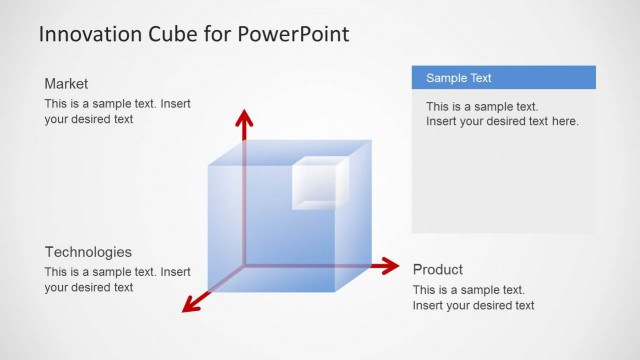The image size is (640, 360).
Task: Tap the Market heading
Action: pyautogui.click(x=66, y=84)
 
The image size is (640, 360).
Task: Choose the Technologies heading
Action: pyautogui.click(x=88, y=252)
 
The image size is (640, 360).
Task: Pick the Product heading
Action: pyautogui.click(x=438, y=269)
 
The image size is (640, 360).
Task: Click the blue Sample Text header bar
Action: pyautogui.click(x=503, y=78)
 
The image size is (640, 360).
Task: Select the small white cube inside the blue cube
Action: pyautogui.click(x=319, y=184)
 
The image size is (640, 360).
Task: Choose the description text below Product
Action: pyautogui.click(x=473, y=297)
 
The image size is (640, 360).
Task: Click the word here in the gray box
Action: pyautogui.click(x=565, y=121)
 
